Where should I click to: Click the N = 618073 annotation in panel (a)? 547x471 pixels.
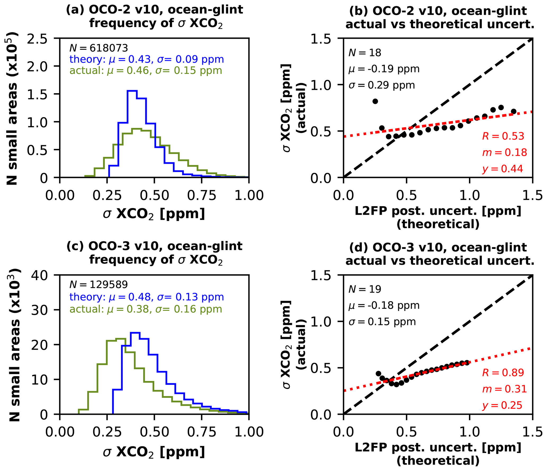click(x=98, y=48)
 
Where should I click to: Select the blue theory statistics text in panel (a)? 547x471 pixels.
click(x=146, y=59)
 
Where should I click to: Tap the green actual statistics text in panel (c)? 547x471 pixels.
click(x=146, y=309)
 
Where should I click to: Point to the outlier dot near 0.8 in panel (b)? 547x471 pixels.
click(x=375, y=101)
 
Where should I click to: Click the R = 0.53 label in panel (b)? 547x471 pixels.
click(x=503, y=136)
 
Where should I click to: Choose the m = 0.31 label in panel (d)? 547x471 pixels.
click(x=504, y=389)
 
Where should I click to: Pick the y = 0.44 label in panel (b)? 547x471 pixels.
click(x=503, y=169)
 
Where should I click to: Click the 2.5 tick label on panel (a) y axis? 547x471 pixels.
click(x=37, y=39)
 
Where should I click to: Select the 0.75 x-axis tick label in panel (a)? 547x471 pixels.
click(x=202, y=196)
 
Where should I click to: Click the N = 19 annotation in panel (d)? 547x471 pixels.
click(x=365, y=289)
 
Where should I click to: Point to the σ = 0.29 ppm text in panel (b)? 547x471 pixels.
click(x=382, y=85)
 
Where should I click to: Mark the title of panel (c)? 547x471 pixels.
click(x=155, y=253)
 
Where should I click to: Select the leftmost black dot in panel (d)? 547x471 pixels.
click(x=378, y=374)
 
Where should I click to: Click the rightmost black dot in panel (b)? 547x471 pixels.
click(x=513, y=111)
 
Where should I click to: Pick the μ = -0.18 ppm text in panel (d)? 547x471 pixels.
click(x=384, y=305)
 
